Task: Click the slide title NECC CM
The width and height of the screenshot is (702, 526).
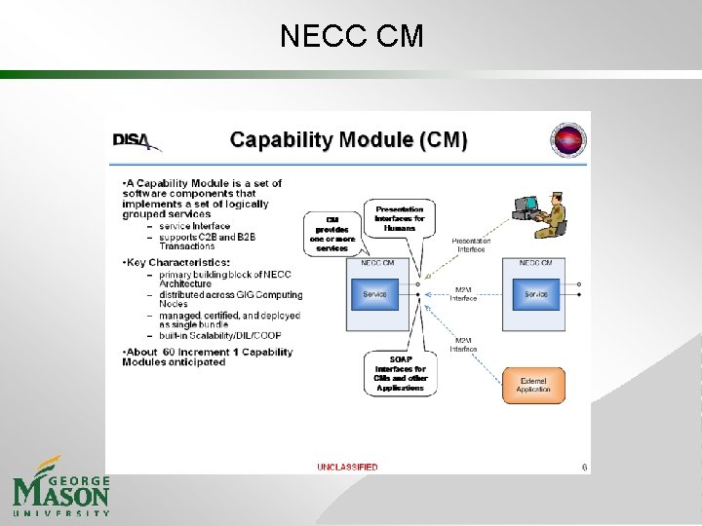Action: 351,36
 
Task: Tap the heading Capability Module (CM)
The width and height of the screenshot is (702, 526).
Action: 348,140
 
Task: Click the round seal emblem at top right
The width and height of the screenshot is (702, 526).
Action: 568,141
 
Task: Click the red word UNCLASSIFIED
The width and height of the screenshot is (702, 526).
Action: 347,467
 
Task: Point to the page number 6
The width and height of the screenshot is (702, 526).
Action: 584,467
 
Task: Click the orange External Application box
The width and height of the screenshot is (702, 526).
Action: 533,385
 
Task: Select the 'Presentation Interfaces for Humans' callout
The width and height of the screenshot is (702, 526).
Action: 400,219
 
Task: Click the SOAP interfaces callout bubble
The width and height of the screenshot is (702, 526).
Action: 400,374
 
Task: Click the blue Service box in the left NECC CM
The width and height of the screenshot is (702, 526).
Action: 375,294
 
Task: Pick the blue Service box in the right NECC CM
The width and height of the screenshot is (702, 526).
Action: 535,294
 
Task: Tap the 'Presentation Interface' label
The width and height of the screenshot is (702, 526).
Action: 471,244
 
